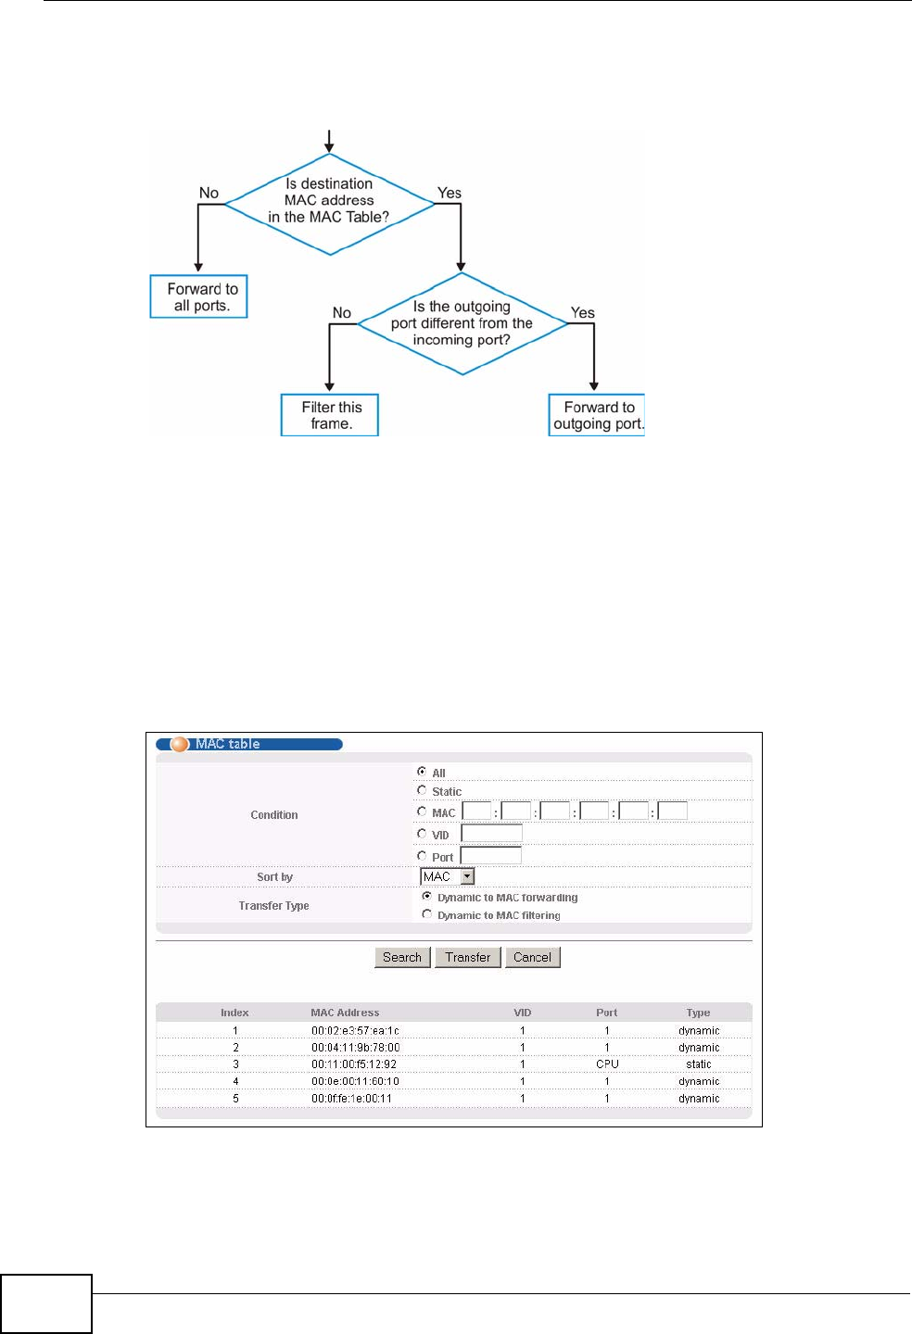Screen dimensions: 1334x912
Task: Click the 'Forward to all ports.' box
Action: point(198,296)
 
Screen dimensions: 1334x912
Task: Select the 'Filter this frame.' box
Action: point(330,415)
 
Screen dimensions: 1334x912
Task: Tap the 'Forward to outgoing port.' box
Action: point(597,415)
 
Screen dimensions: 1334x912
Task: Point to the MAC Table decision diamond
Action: point(329,203)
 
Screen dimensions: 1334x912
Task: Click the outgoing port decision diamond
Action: point(462,323)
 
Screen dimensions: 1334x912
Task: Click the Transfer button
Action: point(468,957)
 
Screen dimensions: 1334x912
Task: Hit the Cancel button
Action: point(533,957)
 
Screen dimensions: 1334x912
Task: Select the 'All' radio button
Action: point(423,772)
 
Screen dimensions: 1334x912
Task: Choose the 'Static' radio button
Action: point(423,790)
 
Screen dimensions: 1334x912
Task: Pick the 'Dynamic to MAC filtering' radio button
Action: point(427,914)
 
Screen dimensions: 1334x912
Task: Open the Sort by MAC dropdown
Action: point(467,876)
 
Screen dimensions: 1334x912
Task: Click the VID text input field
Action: point(492,834)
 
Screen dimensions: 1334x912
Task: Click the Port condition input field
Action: point(491,856)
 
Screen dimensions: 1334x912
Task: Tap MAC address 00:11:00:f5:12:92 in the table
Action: point(354,1064)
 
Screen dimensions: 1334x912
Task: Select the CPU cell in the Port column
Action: point(607,1064)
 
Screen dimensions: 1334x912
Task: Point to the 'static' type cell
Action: point(699,1064)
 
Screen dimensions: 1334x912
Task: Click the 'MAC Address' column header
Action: point(345,1013)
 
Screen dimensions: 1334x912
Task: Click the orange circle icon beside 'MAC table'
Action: point(180,744)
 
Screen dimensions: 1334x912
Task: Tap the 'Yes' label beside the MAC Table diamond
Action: point(450,193)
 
